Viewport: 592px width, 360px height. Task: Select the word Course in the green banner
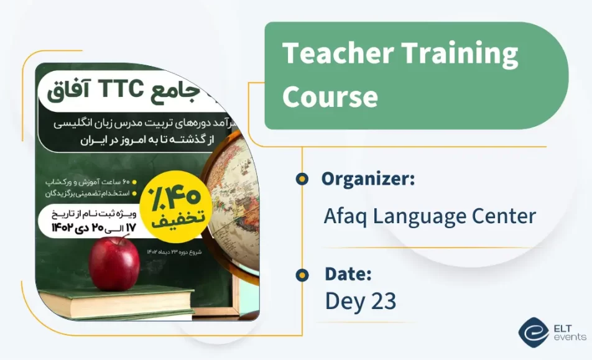330,96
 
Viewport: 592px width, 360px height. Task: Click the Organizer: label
368,179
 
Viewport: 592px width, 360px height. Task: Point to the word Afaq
346,216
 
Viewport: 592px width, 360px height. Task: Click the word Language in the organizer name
423,216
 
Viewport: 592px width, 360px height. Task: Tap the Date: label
348,274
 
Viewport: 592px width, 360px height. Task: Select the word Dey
344,302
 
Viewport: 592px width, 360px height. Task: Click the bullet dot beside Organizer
302,179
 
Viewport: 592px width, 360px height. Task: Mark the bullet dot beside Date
302,274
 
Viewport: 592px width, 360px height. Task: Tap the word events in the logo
568,337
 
